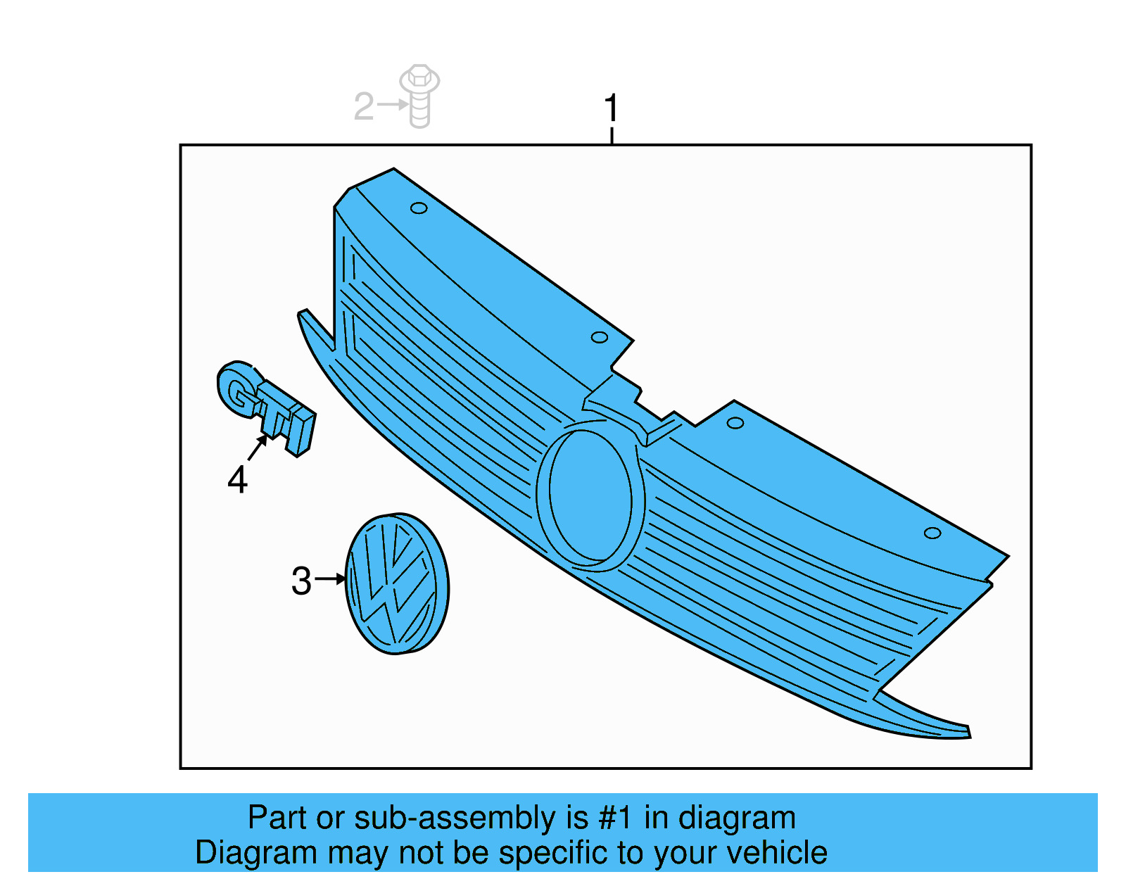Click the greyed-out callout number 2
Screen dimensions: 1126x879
[x=363, y=107]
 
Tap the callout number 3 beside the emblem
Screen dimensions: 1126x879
[x=301, y=581]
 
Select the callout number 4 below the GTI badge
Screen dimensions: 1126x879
[x=237, y=480]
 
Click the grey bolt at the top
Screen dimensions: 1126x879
[x=419, y=96]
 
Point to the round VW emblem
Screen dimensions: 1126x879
[x=397, y=583]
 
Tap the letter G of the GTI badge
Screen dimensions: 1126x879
[x=237, y=389]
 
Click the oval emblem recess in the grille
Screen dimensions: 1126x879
[x=590, y=496]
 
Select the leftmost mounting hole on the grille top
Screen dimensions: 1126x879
[x=419, y=208]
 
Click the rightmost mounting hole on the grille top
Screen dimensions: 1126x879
[x=932, y=533]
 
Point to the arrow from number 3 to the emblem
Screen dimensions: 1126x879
[x=330, y=578]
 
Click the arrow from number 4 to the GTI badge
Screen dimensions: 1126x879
[x=258, y=447]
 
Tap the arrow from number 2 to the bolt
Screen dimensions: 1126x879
[x=392, y=105]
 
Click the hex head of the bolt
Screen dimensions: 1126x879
[x=419, y=77]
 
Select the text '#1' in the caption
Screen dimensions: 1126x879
[x=615, y=818]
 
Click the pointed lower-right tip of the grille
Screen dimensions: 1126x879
[x=969, y=737]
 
